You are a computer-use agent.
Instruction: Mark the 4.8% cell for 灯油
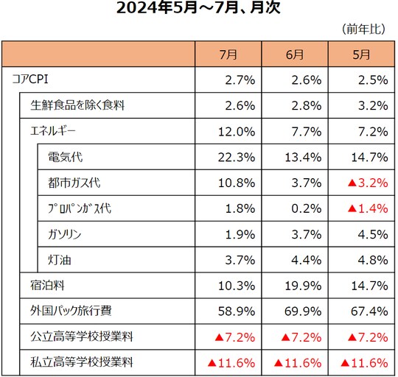coord(371,259)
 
